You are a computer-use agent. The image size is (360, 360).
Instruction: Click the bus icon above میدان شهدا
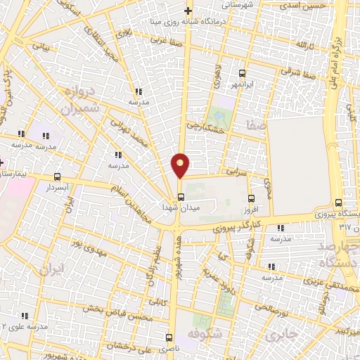click(181, 197)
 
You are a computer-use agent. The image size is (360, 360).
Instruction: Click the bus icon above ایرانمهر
click(243, 73)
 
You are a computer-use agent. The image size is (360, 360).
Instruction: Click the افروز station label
click(252, 210)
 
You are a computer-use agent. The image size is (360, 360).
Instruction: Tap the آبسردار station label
click(56, 188)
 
